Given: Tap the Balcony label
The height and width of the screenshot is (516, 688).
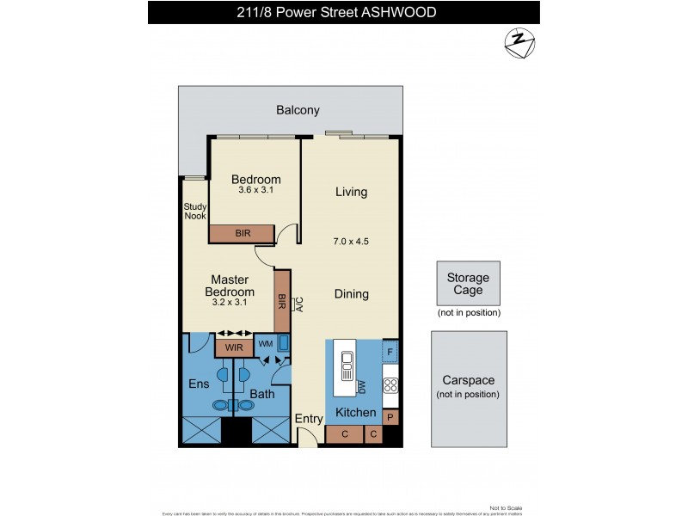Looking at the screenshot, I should [x=298, y=110].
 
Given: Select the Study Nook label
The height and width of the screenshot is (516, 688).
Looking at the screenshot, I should [x=195, y=212].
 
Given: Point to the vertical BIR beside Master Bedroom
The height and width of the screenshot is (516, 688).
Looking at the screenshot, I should [x=281, y=301].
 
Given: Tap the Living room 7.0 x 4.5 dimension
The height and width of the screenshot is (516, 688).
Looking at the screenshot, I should [x=351, y=242].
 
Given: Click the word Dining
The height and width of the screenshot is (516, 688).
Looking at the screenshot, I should [x=351, y=294].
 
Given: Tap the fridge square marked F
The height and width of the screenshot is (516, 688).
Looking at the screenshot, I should [x=390, y=351].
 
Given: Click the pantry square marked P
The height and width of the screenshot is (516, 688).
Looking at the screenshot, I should [x=390, y=418].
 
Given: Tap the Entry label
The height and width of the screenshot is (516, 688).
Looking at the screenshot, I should [x=309, y=419].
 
